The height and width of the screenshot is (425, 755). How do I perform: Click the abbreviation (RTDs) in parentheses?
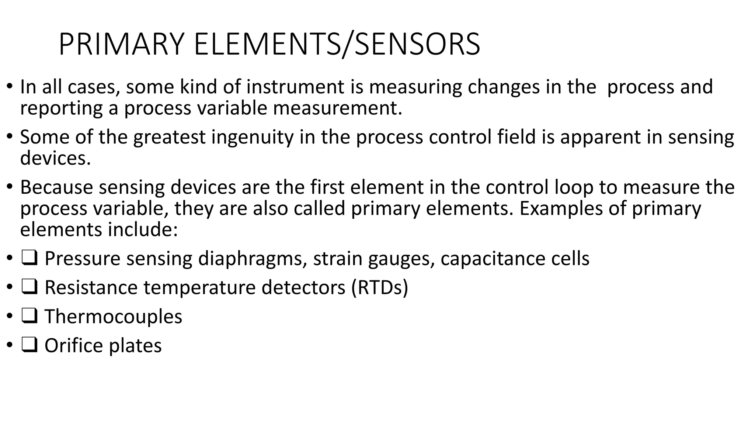click(x=380, y=287)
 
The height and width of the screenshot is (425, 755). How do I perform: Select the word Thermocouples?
click(x=113, y=317)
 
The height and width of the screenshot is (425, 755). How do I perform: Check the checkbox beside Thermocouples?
click(x=29, y=317)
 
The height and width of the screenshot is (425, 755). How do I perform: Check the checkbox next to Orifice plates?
click(x=29, y=346)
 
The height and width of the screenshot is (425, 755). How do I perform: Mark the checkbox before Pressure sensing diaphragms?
click(x=29, y=258)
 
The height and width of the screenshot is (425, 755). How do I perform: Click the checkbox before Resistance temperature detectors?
click(x=29, y=287)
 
